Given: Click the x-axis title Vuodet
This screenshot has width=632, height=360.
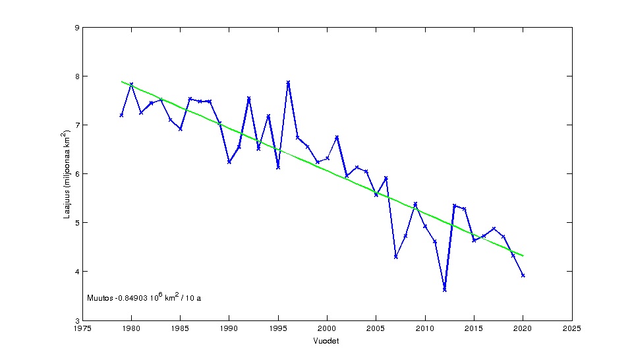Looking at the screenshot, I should click(327, 341).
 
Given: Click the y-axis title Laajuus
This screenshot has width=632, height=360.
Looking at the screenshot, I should click(68, 174).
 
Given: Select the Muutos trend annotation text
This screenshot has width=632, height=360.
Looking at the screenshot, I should click(144, 297).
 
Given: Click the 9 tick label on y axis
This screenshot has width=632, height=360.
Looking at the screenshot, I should click(76, 28).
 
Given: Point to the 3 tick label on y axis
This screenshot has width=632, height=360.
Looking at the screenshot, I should click(76, 320).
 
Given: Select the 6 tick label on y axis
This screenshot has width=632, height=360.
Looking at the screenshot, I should click(76, 174).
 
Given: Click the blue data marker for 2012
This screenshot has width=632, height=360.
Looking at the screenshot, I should click(445, 289).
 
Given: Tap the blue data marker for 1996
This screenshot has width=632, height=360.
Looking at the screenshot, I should click(288, 82).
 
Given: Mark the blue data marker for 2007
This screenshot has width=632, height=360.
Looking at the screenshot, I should click(395, 256).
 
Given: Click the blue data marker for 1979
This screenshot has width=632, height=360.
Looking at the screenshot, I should click(121, 115).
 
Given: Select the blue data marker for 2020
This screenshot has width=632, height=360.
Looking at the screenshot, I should click(523, 276).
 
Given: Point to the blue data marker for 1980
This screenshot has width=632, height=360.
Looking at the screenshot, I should click(131, 84).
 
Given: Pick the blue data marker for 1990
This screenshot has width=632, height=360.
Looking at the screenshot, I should click(229, 162).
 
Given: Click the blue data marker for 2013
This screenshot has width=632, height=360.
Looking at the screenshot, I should click(454, 206).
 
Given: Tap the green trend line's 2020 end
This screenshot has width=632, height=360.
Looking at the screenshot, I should click(523, 255).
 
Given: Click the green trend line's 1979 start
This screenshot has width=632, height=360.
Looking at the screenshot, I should click(121, 82).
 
